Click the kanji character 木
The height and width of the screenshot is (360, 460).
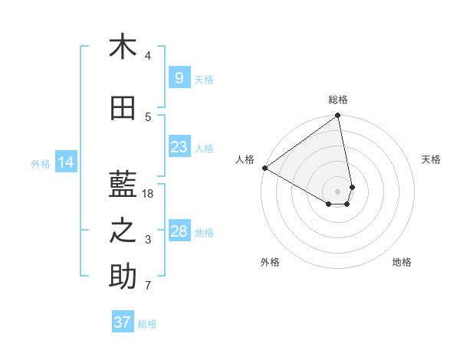(123, 47)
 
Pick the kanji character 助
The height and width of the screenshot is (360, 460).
(123, 277)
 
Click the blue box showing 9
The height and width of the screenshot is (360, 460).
(179, 78)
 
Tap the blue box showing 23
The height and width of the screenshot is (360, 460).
(179, 147)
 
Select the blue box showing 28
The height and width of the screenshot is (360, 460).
(179, 231)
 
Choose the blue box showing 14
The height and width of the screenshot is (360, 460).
(65, 162)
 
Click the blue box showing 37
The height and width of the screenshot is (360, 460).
(123, 322)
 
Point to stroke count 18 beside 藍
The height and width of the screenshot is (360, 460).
(149, 194)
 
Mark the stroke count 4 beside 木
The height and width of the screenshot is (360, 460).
(148, 56)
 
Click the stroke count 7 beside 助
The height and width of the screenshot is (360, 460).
(148, 286)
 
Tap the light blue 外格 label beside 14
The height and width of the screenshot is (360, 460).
(41, 163)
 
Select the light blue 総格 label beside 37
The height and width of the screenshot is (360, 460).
(147, 324)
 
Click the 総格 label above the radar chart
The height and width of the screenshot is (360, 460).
(338, 100)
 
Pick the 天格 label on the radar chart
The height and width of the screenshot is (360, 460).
(432, 159)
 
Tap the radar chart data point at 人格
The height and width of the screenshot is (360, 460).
(264, 168)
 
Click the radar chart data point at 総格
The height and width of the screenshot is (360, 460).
(338, 116)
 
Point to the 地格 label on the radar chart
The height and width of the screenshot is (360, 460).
(402, 262)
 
